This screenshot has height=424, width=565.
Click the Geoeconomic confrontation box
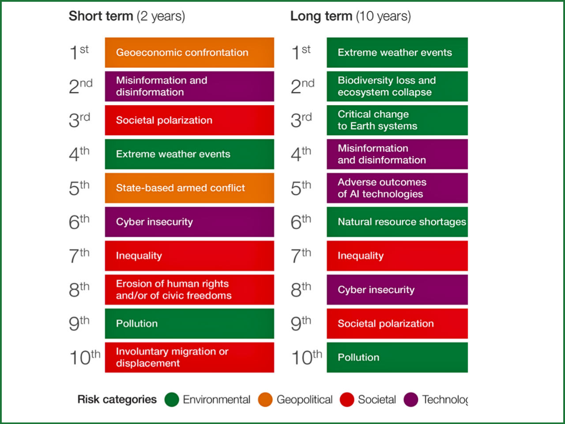(189, 53)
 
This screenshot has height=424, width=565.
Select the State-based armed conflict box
(189, 188)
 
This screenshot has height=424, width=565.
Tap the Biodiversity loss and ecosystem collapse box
(397, 87)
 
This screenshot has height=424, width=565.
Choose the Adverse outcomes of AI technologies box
(397, 188)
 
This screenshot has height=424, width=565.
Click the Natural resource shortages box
(397, 222)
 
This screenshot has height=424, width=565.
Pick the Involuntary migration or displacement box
(189, 357)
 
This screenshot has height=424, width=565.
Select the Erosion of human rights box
(189, 290)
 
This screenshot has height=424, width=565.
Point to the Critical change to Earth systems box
(397, 120)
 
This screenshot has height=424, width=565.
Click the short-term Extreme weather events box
(189, 154)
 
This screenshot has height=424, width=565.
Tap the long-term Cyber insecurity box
(397, 290)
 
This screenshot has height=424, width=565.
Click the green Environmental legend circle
(172, 400)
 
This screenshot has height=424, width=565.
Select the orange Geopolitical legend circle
(265, 400)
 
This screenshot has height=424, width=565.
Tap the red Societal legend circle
(347, 400)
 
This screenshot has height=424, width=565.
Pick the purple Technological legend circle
(411, 400)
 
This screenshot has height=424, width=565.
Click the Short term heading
(127, 16)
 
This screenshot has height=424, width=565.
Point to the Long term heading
(350, 16)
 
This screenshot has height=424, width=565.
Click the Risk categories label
(117, 400)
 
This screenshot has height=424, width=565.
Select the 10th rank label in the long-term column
(306, 357)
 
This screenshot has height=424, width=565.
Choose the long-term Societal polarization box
(397, 324)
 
